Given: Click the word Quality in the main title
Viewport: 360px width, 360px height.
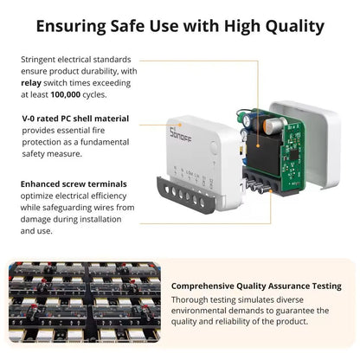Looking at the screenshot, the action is [x=295, y=27].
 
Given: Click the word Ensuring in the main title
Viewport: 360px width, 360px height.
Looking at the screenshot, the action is [x=71, y=27].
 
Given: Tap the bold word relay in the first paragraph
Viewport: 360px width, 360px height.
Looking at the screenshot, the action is [x=31, y=83].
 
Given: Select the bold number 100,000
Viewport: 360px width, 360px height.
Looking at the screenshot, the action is [x=66, y=94].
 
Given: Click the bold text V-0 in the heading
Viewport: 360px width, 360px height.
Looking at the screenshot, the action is [x=29, y=119].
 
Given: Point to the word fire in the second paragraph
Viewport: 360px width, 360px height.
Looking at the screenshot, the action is [x=99, y=131].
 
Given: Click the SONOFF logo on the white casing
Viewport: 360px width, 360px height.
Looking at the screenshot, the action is [x=180, y=134].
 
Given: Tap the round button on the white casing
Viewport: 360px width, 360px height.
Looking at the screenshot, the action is [x=214, y=147].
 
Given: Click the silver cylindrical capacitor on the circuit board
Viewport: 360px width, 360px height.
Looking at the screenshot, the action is [x=272, y=125].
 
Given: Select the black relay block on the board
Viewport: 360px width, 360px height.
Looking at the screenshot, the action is [x=263, y=152].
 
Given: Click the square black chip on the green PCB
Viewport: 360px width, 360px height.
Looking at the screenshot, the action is [x=293, y=154].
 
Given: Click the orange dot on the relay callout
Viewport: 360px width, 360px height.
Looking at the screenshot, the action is [x=257, y=146].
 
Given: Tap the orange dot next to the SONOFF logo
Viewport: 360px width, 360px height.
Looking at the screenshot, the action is [x=180, y=125].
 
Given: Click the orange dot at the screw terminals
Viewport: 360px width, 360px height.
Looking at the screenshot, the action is [x=271, y=190].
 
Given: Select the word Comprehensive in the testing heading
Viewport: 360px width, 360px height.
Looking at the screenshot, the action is [x=202, y=286].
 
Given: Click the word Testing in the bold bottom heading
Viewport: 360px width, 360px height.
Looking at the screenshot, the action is [x=327, y=286].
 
